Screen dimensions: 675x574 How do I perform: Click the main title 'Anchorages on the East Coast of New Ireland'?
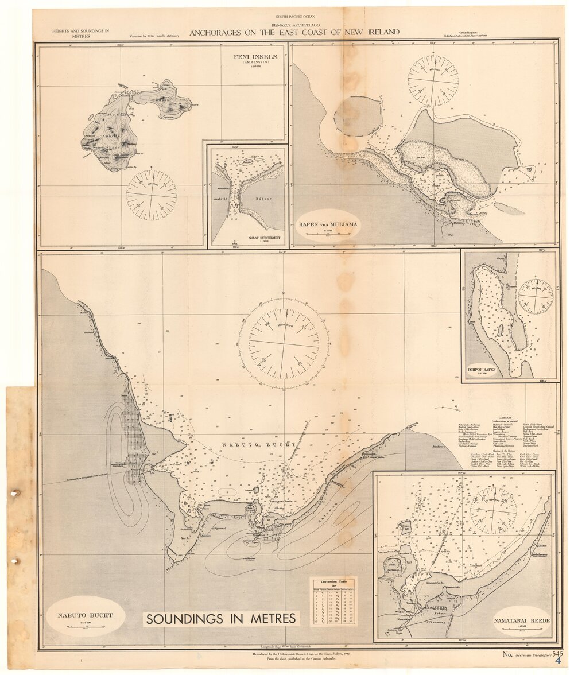click(294, 32)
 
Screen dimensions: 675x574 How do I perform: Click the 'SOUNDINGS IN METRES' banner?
click(221, 618)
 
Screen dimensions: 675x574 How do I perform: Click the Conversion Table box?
click(333, 602)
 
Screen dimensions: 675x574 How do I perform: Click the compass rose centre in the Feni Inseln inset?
click(152, 195)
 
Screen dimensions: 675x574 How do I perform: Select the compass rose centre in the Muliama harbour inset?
click(433, 81)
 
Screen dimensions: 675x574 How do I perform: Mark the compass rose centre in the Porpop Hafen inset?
click(536, 296)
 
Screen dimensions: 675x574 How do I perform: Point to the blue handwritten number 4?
click(558, 661)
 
